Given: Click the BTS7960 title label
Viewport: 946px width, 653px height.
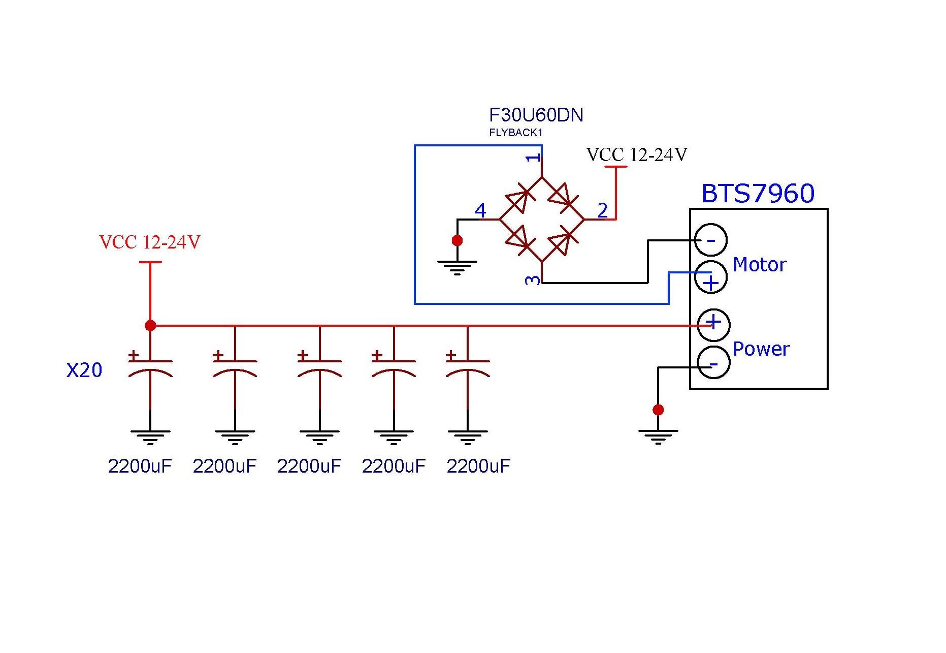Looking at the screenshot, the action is pos(758,194).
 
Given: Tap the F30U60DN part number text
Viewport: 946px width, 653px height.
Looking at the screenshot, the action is pos(536,115).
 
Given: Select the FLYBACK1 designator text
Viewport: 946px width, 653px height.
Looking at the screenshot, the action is pos(516,133).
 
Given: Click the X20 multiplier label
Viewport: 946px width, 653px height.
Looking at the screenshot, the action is pos(84,370).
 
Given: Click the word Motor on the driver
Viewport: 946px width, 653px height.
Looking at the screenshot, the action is pos(760,265).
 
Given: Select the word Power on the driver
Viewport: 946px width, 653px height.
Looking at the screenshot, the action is pos(761,349).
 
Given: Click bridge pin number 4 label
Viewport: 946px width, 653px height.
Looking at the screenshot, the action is pos(480,210).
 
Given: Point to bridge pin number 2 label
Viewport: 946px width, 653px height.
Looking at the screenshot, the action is pos(603,210).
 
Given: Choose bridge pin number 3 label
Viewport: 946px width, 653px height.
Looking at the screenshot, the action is pos(533,279).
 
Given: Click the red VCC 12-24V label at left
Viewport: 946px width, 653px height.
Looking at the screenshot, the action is pos(150,242).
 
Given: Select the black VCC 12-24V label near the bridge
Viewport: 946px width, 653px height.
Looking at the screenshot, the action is pos(637,154).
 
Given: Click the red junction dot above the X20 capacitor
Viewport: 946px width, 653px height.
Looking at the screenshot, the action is pos(150,325).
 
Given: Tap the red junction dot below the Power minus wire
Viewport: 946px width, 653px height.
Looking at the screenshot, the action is pos(658,410).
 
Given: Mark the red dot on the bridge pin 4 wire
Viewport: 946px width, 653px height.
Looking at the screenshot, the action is pos(458,240).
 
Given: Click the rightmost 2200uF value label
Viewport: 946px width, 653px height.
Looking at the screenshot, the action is pos(478,466).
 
